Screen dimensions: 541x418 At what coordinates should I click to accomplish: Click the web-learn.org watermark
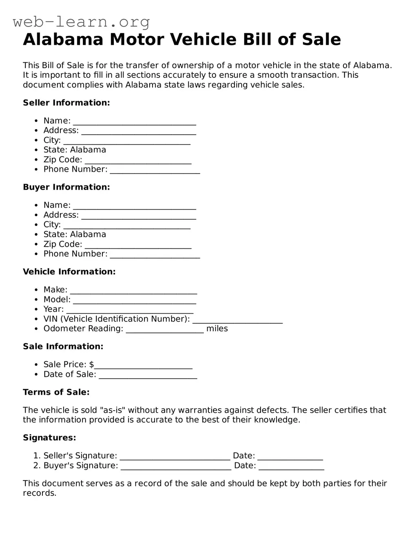coord(81,21)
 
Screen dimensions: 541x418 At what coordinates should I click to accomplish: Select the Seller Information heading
coord(66,103)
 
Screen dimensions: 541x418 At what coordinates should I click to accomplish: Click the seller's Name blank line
coord(135,122)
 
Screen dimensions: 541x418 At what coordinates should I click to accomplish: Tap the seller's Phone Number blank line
coord(155,171)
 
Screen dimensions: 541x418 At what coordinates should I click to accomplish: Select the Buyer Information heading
coord(66,187)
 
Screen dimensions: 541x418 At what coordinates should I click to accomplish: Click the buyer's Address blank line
coord(139,216)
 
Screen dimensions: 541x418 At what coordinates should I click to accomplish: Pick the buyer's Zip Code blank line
coord(138,246)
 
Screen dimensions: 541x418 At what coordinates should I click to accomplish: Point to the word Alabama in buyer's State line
coord(88,234)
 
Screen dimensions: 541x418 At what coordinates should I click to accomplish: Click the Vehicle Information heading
coord(69,272)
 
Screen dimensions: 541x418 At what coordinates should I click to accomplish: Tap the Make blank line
coord(133,291)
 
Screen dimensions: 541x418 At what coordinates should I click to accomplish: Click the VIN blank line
coord(237,320)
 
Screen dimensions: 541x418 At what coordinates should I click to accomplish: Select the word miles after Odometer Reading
coord(217,329)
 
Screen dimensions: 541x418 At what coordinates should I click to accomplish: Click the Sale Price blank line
coord(143,366)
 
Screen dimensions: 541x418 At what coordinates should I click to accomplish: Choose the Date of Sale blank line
coord(148,376)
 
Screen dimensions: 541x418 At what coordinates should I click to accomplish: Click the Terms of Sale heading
coord(56,392)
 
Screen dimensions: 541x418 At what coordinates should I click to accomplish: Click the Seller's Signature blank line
coord(175,457)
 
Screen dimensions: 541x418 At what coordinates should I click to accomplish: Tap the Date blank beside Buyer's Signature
coord(291,467)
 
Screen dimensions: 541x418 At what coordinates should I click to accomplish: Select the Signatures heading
coord(49,438)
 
